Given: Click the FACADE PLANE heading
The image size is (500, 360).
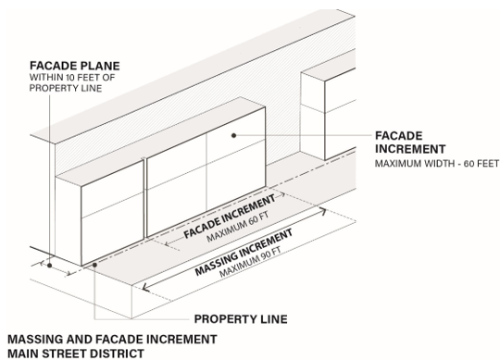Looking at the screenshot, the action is [x=75, y=66].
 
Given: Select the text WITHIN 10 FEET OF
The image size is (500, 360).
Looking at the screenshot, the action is [x=72, y=78].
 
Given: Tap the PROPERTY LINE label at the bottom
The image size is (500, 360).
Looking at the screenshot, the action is [x=241, y=319].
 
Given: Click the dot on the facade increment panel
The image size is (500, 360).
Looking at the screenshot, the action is [x=233, y=135].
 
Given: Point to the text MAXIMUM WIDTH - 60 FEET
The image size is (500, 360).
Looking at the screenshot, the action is [x=436, y=164].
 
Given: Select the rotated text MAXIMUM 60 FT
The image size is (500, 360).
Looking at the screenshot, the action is [x=238, y=228].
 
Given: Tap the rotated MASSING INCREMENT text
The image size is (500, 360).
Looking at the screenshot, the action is [x=244, y=252].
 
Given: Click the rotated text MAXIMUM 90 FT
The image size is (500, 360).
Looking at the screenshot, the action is [x=250, y=262].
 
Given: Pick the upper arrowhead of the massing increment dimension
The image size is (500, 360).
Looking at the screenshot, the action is [x=323, y=211].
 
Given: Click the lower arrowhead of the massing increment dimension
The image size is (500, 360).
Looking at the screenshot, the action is [x=145, y=287].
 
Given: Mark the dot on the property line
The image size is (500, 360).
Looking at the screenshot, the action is [x=94, y=265].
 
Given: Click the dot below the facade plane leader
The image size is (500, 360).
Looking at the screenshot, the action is [x=49, y=265].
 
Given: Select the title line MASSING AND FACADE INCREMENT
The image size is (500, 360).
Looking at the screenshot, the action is [x=112, y=340].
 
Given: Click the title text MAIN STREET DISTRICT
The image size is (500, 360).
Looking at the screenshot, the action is [x=76, y=354].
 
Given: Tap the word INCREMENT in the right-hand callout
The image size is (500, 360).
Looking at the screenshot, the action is [x=410, y=149].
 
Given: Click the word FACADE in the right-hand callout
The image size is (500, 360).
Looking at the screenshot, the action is [x=399, y=136].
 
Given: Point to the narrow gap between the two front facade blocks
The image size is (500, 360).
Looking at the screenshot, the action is [x=145, y=197].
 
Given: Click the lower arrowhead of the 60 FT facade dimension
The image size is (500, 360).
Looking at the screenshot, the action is [x=167, y=244].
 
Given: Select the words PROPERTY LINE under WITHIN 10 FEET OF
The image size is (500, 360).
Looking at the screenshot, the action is [x=66, y=88].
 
